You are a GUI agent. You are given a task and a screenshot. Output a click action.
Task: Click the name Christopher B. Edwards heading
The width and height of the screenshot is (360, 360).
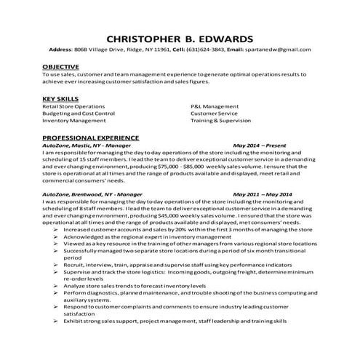pyautogui.click(x=180, y=37)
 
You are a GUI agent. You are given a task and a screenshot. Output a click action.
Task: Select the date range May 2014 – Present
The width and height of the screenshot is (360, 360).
pyautogui.click(x=263, y=145)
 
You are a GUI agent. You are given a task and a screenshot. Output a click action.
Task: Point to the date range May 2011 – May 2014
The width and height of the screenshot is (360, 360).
pyautogui.click(x=263, y=195)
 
